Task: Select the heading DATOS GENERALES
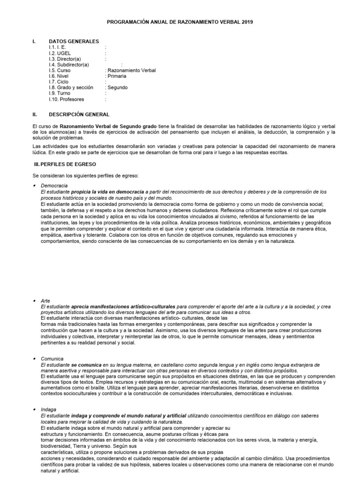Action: [x=74, y=41]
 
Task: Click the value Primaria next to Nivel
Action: [x=117, y=76]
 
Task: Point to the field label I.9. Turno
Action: [x=60, y=93]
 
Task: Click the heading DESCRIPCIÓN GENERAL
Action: [x=79, y=114]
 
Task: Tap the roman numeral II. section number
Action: [x=34, y=114]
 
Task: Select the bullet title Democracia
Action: [x=54, y=186]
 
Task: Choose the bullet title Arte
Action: [x=45, y=300]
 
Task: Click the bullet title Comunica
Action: [x=52, y=358]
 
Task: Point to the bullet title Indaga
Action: [x=48, y=409]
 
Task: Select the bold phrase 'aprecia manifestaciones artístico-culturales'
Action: [x=123, y=307]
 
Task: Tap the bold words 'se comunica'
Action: [x=87, y=364]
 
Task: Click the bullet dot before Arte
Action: [x=34, y=300]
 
